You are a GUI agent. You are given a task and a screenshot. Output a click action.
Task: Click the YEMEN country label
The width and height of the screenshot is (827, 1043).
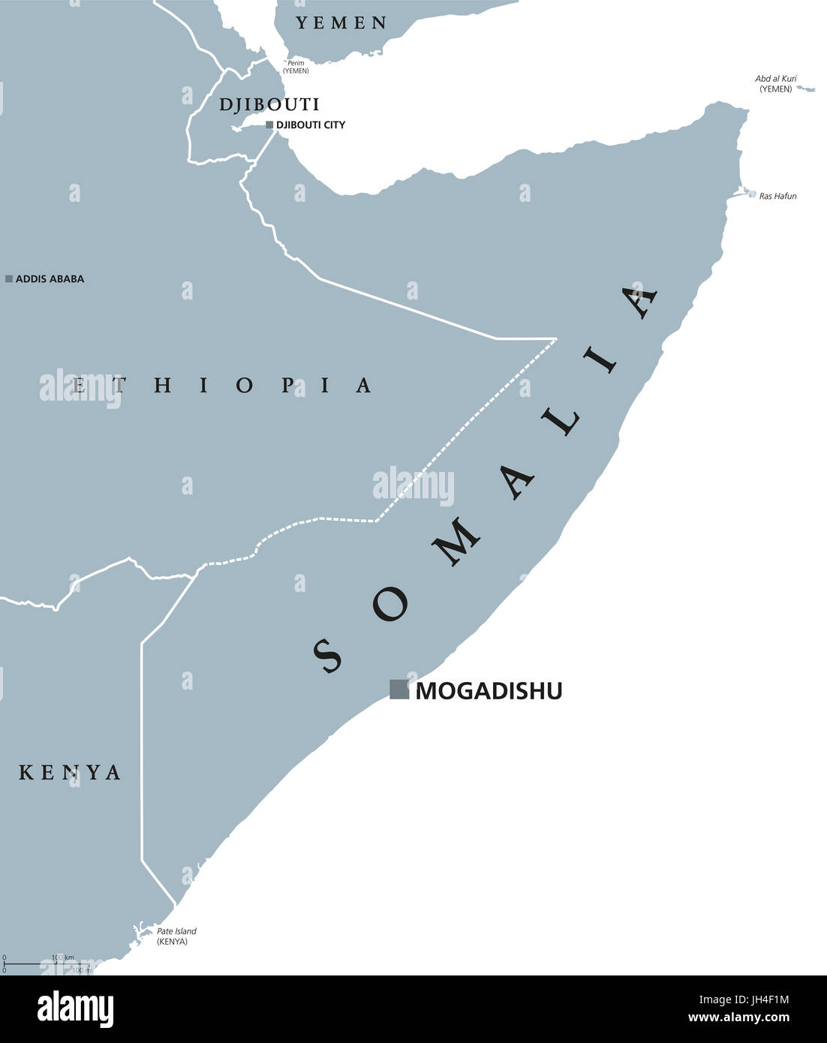pyautogui.click(x=341, y=23)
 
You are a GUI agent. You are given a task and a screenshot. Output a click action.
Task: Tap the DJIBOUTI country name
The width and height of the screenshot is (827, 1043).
pyautogui.click(x=269, y=104)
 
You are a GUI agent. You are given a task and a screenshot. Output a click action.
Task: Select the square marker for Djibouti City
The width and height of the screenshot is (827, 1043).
pyautogui.click(x=269, y=125)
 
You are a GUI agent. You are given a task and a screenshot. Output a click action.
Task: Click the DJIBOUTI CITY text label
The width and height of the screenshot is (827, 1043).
pyautogui.click(x=311, y=125)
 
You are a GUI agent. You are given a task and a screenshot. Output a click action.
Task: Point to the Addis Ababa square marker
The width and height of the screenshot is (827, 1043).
pyautogui.click(x=9, y=278)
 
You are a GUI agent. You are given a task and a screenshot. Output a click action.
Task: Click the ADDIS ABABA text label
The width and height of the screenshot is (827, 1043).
pyautogui.click(x=50, y=278)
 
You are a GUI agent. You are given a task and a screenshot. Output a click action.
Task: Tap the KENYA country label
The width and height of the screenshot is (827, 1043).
pyautogui.click(x=70, y=772)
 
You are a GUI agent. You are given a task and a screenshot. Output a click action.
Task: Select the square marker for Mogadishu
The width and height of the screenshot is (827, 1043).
pyautogui.click(x=399, y=689)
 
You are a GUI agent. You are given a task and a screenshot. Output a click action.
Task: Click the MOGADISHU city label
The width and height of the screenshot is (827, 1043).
pyautogui.click(x=489, y=690)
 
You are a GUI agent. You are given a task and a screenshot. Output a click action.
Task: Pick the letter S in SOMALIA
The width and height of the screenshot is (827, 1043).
pyautogui.click(x=327, y=654)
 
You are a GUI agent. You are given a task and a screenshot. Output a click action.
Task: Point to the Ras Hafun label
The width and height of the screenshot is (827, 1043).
pyautogui.click(x=777, y=197)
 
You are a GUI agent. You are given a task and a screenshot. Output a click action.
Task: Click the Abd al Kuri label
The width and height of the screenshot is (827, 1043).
pyautogui.click(x=776, y=83)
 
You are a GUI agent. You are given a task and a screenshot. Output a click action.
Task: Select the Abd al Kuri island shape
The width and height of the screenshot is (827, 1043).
pyautogui.click(x=806, y=89)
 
